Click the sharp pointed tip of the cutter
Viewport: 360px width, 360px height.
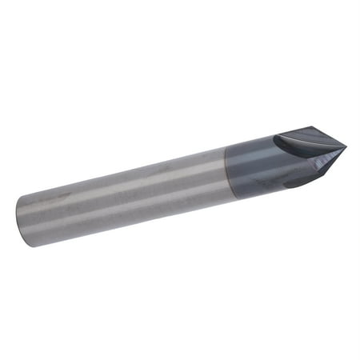345,146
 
